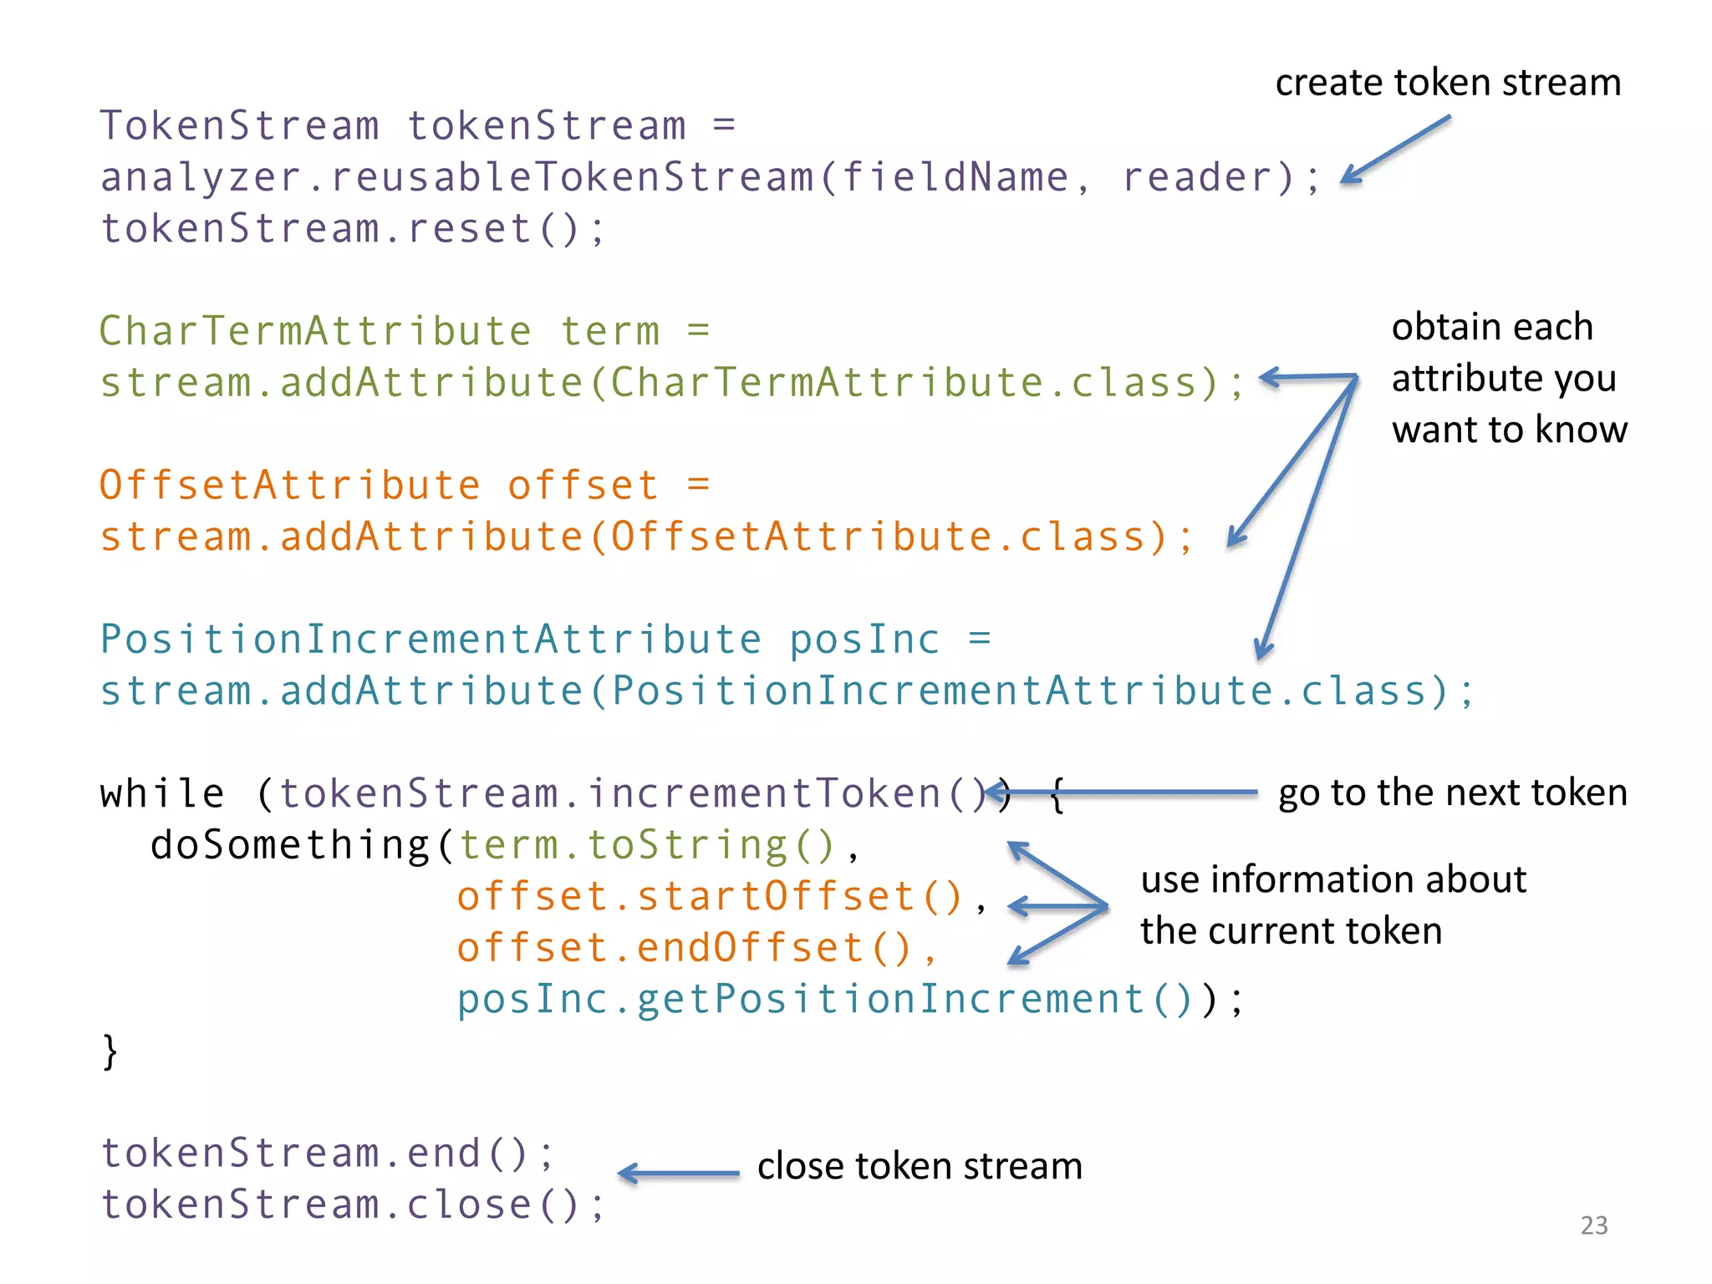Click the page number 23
(x=1593, y=1225)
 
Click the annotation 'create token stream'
(x=1448, y=83)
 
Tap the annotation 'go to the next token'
(x=1453, y=792)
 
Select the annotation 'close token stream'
(x=920, y=1165)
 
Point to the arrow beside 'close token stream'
(x=679, y=1174)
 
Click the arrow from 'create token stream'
(x=1396, y=149)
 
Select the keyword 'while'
(x=162, y=793)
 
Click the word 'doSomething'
(x=289, y=845)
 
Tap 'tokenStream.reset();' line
(x=352, y=229)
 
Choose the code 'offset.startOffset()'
(x=711, y=896)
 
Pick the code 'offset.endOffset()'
(x=685, y=948)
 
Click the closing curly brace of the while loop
(x=110, y=1052)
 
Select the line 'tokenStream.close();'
(x=352, y=1205)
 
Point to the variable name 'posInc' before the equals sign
(x=864, y=640)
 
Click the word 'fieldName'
(x=954, y=177)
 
